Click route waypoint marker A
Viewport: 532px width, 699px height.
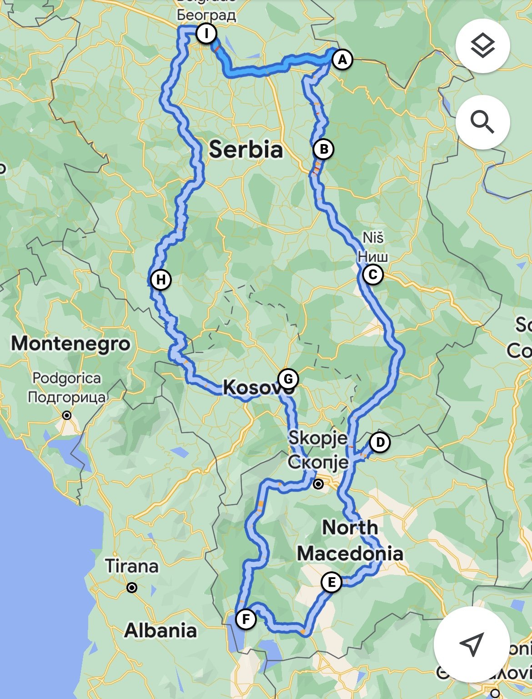(342, 60)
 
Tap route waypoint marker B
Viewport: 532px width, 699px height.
(323, 149)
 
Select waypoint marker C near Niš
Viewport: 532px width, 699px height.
(372, 275)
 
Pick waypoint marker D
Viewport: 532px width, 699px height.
(380, 442)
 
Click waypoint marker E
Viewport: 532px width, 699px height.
(331, 582)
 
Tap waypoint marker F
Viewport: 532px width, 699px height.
(246, 619)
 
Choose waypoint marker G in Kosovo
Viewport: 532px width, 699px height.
(288, 379)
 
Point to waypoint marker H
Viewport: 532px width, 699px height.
(161, 279)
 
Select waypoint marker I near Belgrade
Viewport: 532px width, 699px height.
(206, 34)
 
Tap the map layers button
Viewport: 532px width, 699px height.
(482, 45)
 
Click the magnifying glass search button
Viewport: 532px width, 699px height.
(482, 122)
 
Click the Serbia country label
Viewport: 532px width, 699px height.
(246, 150)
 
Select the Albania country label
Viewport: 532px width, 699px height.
(161, 630)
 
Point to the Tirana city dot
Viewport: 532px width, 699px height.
(132, 588)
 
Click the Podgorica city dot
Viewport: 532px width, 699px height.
(67, 415)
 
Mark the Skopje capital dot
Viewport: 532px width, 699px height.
(318, 484)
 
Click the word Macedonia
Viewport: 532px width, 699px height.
(350, 554)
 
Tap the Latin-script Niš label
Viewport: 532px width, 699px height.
(373, 237)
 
